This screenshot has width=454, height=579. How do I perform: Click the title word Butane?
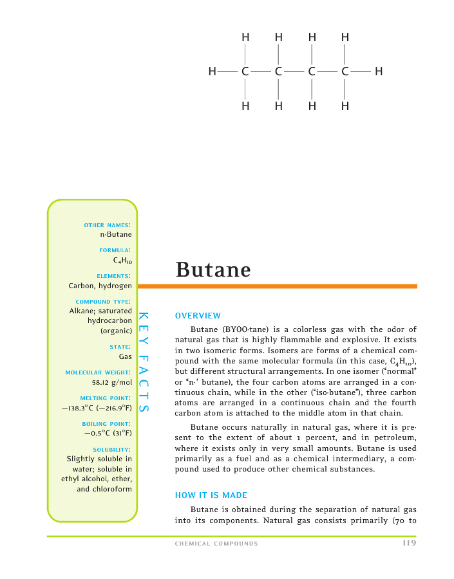(213, 270)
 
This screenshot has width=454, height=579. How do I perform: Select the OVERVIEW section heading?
(198, 315)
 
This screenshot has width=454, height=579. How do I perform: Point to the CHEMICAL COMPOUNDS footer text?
(216, 544)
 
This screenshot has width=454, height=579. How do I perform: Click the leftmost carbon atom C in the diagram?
(245, 71)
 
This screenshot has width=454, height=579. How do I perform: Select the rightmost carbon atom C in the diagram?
(345, 71)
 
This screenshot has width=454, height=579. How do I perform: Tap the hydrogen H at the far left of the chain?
(212, 71)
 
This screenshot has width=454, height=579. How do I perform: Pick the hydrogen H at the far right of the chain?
(379, 71)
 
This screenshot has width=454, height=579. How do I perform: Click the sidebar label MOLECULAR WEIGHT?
(99, 372)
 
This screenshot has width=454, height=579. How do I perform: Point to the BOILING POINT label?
(107, 424)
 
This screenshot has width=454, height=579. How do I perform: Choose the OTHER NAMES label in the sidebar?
(108, 225)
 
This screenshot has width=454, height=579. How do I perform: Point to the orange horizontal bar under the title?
(277, 286)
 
